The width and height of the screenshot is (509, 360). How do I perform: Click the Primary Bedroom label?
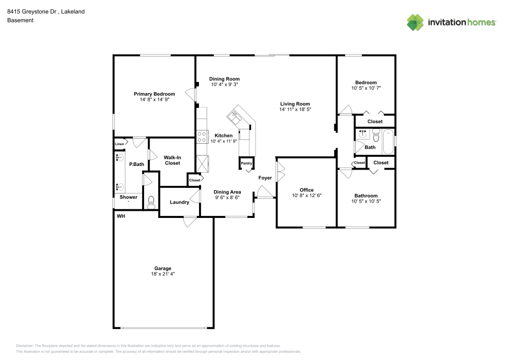(154, 94)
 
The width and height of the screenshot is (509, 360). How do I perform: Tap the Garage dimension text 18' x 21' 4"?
(163, 274)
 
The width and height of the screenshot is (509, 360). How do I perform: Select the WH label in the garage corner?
(121, 216)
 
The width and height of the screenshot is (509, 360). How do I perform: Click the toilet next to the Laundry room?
(150, 204)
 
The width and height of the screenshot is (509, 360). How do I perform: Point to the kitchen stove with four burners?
(202, 136)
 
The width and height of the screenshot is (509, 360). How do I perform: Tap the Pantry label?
(247, 163)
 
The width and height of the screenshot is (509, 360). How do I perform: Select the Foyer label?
(265, 178)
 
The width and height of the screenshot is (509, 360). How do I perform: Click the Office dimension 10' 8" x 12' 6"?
(306, 196)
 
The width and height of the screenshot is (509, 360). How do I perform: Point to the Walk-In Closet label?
(172, 160)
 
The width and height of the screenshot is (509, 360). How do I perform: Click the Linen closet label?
(119, 144)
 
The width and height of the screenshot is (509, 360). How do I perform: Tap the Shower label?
(128, 197)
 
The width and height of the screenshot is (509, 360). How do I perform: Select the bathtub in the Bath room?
(388, 142)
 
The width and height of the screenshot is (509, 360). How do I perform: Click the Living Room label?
(295, 104)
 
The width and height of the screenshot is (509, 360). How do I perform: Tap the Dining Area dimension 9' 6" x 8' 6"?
(227, 198)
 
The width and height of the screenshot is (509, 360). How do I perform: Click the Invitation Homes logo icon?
(415, 22)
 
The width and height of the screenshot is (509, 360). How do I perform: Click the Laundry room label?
(179, 202)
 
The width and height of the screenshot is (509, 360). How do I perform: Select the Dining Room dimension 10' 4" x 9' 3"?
(224, 85)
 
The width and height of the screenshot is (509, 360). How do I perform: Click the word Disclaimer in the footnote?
(25, 345)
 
